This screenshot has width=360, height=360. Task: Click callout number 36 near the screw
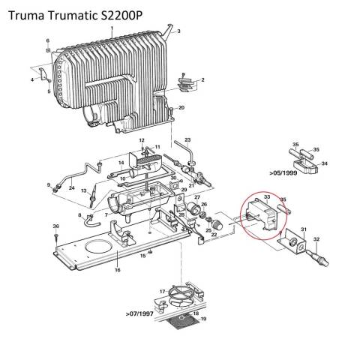(55, 227)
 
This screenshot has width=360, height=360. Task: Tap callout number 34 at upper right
(324, 163)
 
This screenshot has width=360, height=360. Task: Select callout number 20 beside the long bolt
(181, 108)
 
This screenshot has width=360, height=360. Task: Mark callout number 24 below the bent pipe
(71, 188)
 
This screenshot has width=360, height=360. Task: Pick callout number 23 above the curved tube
(187, 140)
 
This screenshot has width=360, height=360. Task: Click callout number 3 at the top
(178, 30)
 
